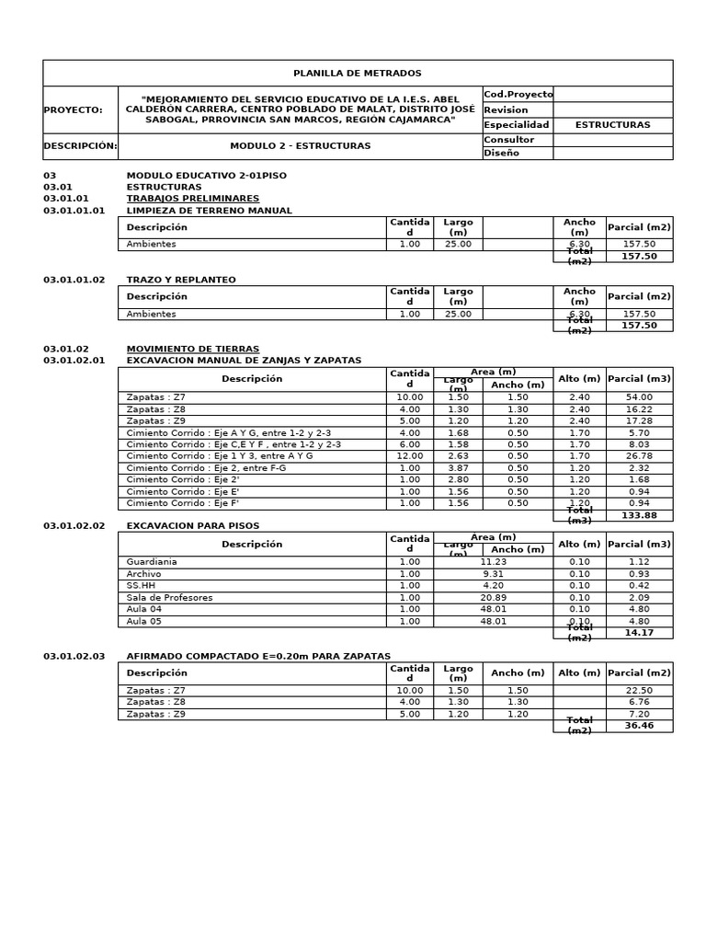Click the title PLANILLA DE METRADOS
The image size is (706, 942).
click(357, 73)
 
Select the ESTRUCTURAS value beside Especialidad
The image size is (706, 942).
click(612, 125)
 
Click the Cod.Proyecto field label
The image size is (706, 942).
click(518, 94)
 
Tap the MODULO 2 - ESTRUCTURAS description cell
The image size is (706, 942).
click(300, 146)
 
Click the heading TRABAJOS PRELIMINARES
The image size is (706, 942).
click(192, 199)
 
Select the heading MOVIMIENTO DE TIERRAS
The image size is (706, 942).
click(192, 350)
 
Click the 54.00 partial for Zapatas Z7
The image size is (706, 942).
click(639, 397)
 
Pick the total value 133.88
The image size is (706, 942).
click(639, 516)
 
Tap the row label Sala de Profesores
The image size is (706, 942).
click(169, 598)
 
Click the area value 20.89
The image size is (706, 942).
click(494, 598)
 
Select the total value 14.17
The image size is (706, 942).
click(639, 633)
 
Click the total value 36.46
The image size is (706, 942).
click(639, 726)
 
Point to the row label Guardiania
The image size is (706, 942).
click(152, 562)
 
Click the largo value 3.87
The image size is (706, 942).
click(458, 468)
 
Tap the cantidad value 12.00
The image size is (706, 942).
click(409, 456)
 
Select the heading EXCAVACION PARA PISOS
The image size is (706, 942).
click(192, 526)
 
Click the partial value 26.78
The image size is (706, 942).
click(639, 456)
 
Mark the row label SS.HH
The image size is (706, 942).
click(142, 586)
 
